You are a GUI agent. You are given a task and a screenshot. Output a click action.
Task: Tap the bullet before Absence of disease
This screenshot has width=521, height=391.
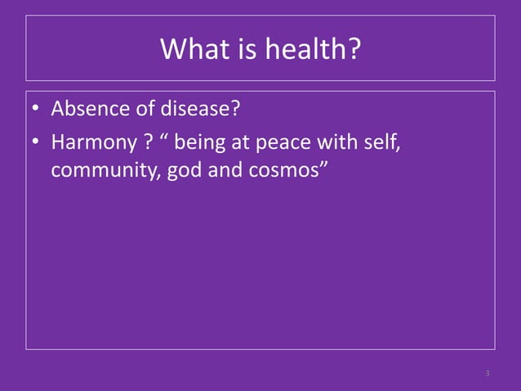pos(37,110)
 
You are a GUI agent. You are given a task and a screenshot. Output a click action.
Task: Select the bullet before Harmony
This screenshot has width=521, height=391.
pos(37,144)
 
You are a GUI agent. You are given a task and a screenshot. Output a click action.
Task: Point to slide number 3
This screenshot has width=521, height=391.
pos(487,374)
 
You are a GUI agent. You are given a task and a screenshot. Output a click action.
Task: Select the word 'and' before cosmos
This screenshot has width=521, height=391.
pos(224,173)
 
